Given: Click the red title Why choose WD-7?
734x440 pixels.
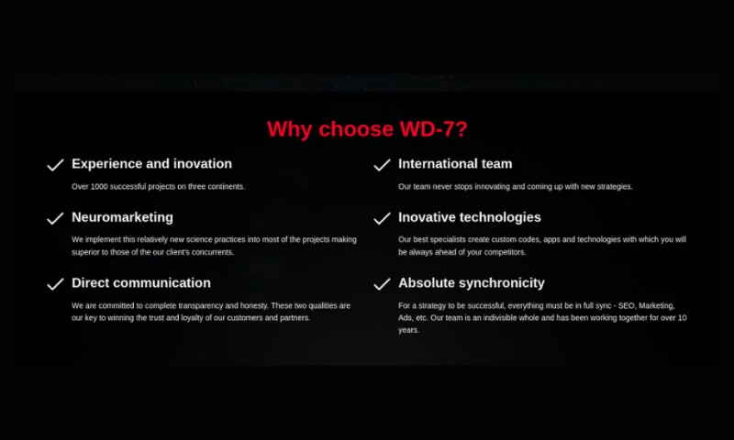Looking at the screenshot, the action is coord(367,129).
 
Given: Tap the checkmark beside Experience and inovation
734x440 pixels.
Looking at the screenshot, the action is coord(55,165).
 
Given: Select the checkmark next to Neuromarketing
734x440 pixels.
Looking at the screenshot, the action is coord(55,218).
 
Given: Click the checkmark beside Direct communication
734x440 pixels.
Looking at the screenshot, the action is coord(55,284).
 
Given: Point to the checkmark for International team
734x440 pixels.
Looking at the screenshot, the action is coord(382,165).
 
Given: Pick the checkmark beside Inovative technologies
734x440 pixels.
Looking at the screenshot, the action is coord(382,218).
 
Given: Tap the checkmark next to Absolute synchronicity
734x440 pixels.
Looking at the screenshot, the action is coord(382,284).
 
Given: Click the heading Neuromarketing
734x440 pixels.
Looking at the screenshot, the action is coord(122,217).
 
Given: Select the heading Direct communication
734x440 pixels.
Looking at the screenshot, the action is coord(141,283).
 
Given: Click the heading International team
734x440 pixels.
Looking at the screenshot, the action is coord(455,164).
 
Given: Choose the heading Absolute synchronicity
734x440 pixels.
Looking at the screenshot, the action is coord(472,283).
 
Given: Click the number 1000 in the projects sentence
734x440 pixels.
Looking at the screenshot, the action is coord(99,187).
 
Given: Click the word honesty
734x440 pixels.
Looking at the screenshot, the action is coord(254,306).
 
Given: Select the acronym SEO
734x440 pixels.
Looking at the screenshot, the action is coord(627,306).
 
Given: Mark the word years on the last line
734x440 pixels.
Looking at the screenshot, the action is coord(408,330).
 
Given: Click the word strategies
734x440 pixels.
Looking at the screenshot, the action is coord(615,187).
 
